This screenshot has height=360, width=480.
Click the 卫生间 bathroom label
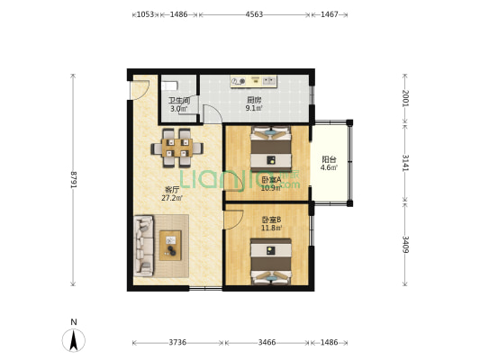point(179,100)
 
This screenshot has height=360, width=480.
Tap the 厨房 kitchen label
point(254,100)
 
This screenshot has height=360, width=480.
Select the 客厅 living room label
point(172,190)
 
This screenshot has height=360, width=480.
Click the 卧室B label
point(271,220)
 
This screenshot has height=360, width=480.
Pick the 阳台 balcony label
point(330,158)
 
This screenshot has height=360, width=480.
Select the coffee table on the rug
point(170,244)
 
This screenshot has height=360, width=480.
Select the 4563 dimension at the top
point(255,15)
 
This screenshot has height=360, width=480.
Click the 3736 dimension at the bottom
point(178,343)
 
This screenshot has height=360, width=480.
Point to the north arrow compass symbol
point(74,339)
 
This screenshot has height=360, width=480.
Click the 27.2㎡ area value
point(172,198)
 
